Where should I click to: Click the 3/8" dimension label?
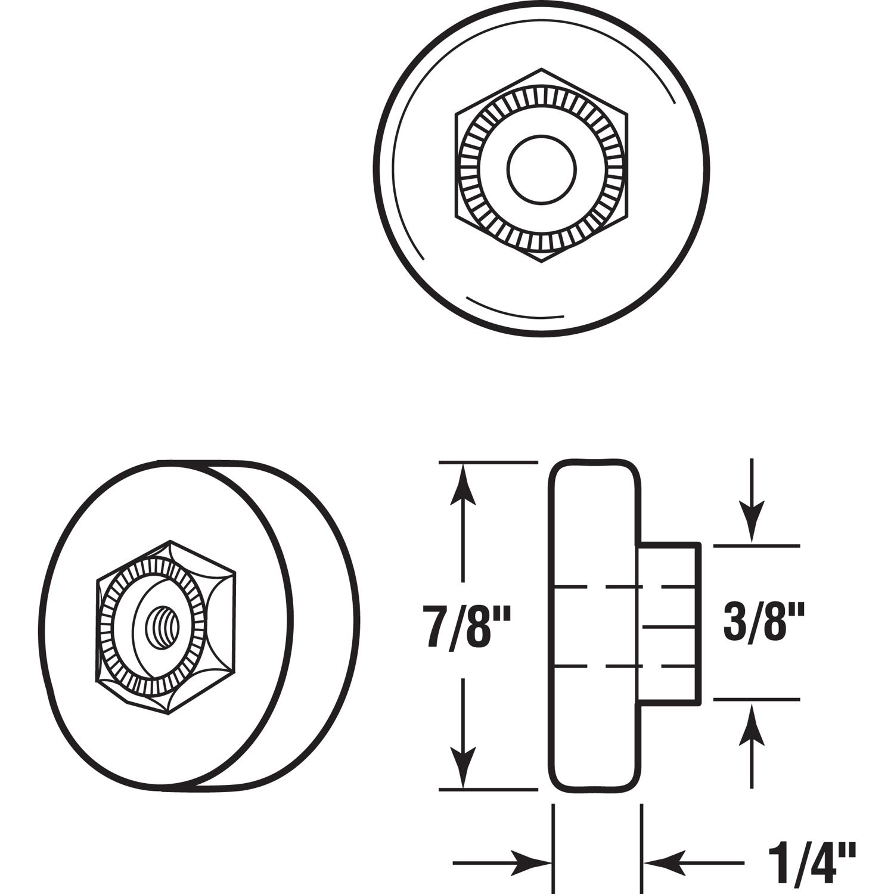click(763, 622)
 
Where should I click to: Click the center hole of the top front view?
click(542, 169)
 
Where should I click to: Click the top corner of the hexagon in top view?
click(542, 69)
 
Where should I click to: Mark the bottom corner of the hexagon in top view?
click(542, 262)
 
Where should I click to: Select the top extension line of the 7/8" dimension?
click(489, 462)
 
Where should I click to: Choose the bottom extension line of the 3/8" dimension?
click(757, 699)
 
